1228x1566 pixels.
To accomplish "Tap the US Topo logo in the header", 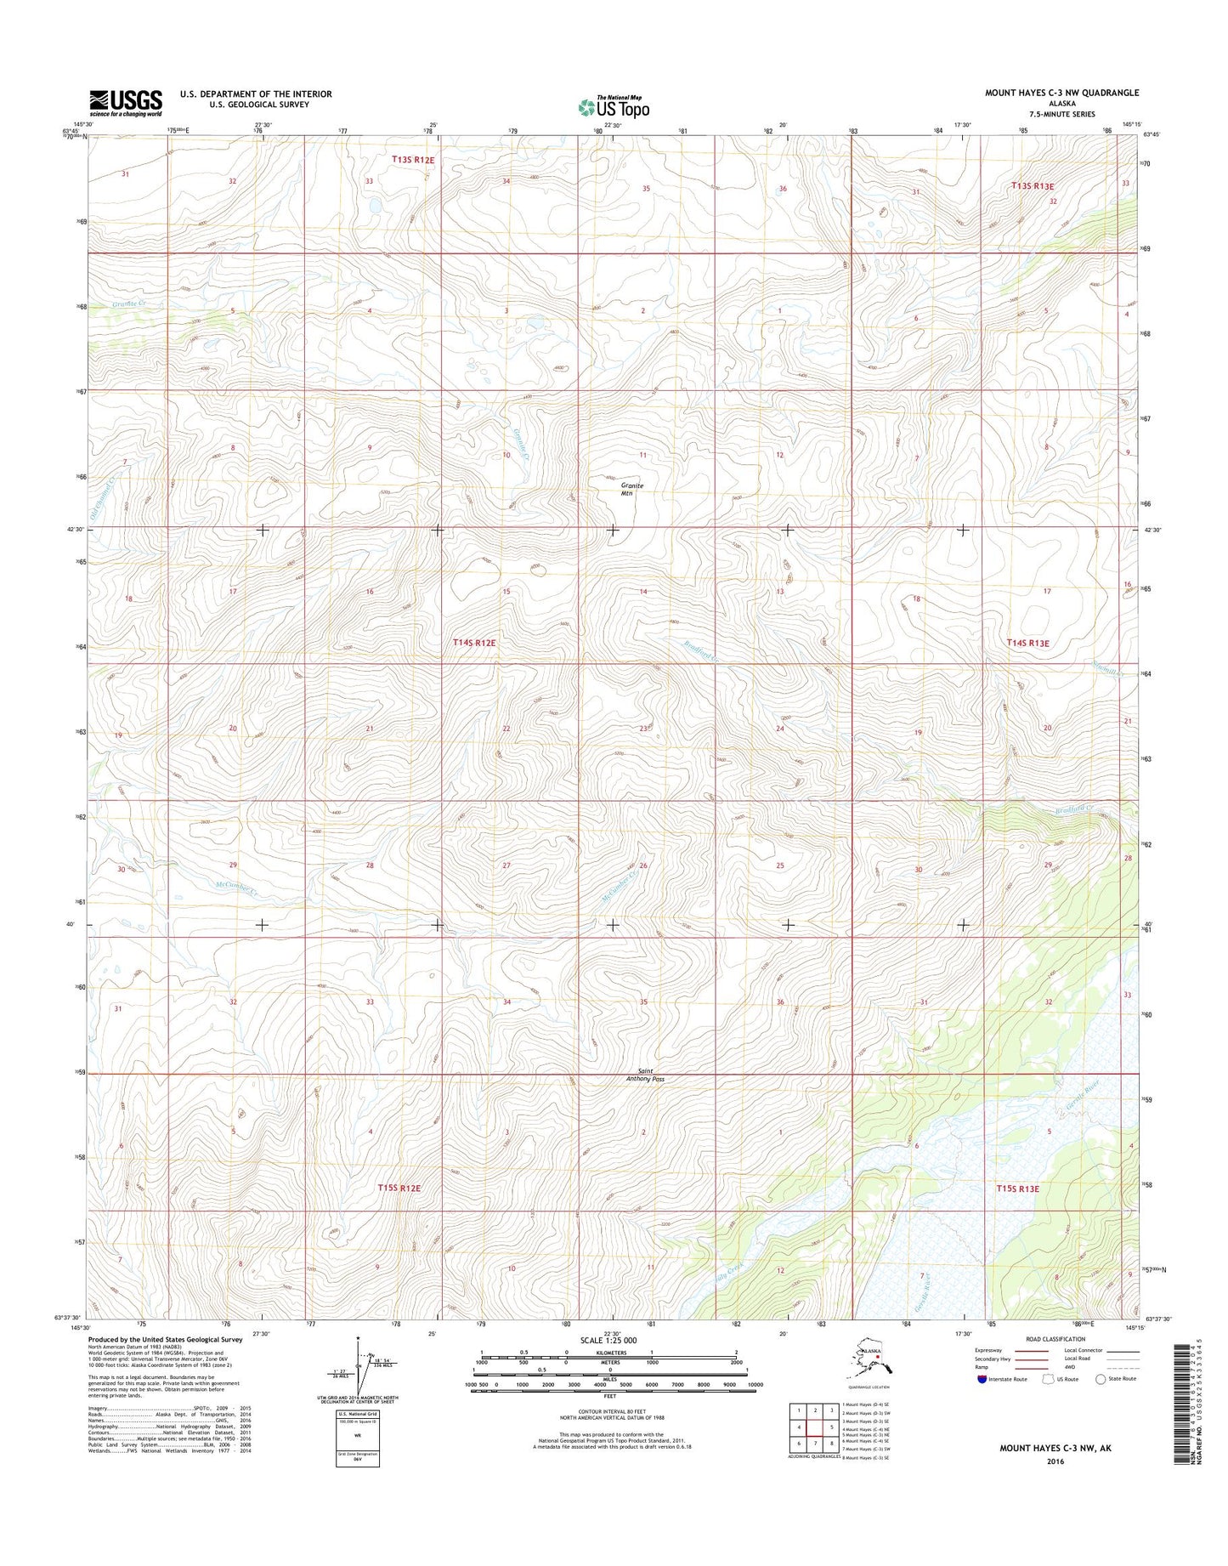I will click(x=614, y=107).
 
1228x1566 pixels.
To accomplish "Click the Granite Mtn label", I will click(x=631, y=489).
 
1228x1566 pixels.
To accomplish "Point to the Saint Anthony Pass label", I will click(x=644, y=1075).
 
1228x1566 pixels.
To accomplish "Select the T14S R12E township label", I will click(x=474, y=644).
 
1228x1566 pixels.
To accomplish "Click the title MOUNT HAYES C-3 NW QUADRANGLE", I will click(x=1061, y=93).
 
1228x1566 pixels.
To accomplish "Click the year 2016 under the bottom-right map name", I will click(x=1055, y=1462).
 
